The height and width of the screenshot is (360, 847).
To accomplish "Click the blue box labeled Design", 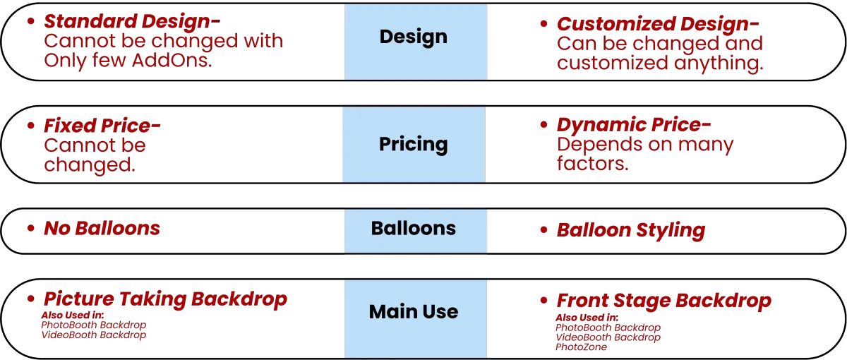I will coord(416,41).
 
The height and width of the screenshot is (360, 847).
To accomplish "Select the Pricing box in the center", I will coord(414,145).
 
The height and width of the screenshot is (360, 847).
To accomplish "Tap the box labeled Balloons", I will coord(416,229).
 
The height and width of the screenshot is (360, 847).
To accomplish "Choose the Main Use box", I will coord(416,317).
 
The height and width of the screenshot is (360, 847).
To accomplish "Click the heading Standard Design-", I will coord(132,21).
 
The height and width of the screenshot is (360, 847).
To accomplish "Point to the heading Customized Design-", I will coord(659,24).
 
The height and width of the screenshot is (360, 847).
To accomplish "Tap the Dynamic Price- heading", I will coord(634,126).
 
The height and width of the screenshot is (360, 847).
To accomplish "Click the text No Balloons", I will coord(102,229).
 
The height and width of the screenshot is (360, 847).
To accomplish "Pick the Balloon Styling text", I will coord(631,231).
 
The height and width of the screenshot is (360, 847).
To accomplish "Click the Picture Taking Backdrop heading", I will coord(165,299).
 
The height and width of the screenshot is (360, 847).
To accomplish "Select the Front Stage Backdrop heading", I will coord(663,302).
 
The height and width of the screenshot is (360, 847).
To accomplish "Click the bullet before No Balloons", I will coord(30,229).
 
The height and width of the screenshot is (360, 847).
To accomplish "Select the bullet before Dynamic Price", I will coord(542,126).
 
